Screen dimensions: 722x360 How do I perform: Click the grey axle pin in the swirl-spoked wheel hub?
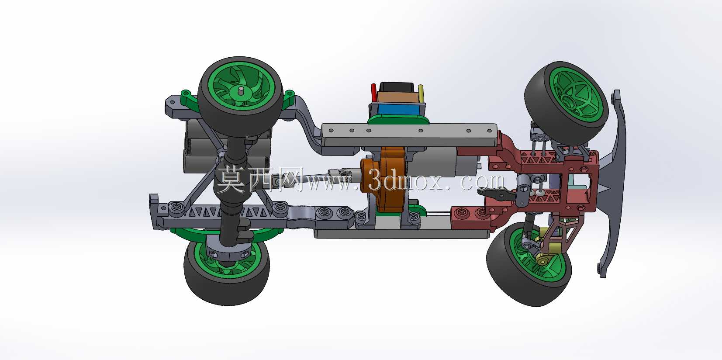click(x=241, y=90)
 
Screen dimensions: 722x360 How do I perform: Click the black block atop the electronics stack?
click(x=397, y=87)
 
